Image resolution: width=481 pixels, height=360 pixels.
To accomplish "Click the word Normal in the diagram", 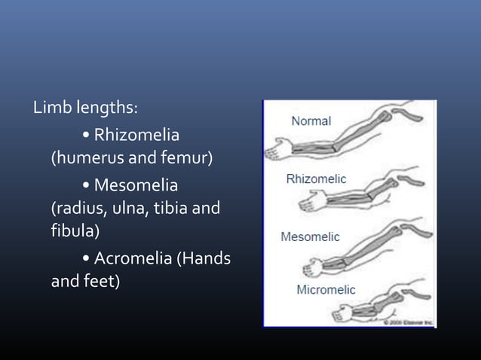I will pos(311,121).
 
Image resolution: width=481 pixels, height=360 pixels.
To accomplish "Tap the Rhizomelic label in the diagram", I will pos(316,178).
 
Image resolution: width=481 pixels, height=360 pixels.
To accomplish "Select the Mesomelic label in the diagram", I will pos(310,236).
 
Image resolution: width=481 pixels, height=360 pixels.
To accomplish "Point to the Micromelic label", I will pos(326,290).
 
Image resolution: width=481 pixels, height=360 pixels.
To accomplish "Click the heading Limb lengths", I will pos(84,108).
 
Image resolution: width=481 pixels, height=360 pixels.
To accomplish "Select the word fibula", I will pos(73,230).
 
